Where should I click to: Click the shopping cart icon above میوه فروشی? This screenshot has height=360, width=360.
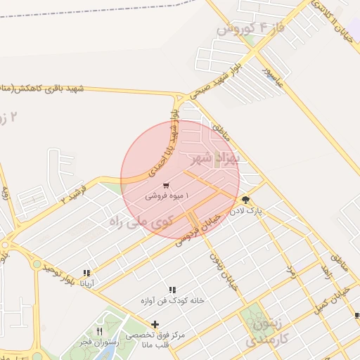[x=165, y=186]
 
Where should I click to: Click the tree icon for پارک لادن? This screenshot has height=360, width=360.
[x=245, y=200]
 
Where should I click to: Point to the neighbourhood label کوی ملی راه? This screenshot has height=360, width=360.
[x=141, y=222]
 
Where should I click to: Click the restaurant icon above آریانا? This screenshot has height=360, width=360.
[x=87, y=273]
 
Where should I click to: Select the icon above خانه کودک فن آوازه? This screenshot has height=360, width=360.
[x=172, y=290]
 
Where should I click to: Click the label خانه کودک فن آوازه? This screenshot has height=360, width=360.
[x=172, y=300]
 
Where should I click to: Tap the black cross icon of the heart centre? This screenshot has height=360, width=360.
[x=155, y=324]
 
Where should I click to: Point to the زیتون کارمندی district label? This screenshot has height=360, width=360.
[x=265, y=333]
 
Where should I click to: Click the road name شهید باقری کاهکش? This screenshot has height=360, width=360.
[x=42, y=89]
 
